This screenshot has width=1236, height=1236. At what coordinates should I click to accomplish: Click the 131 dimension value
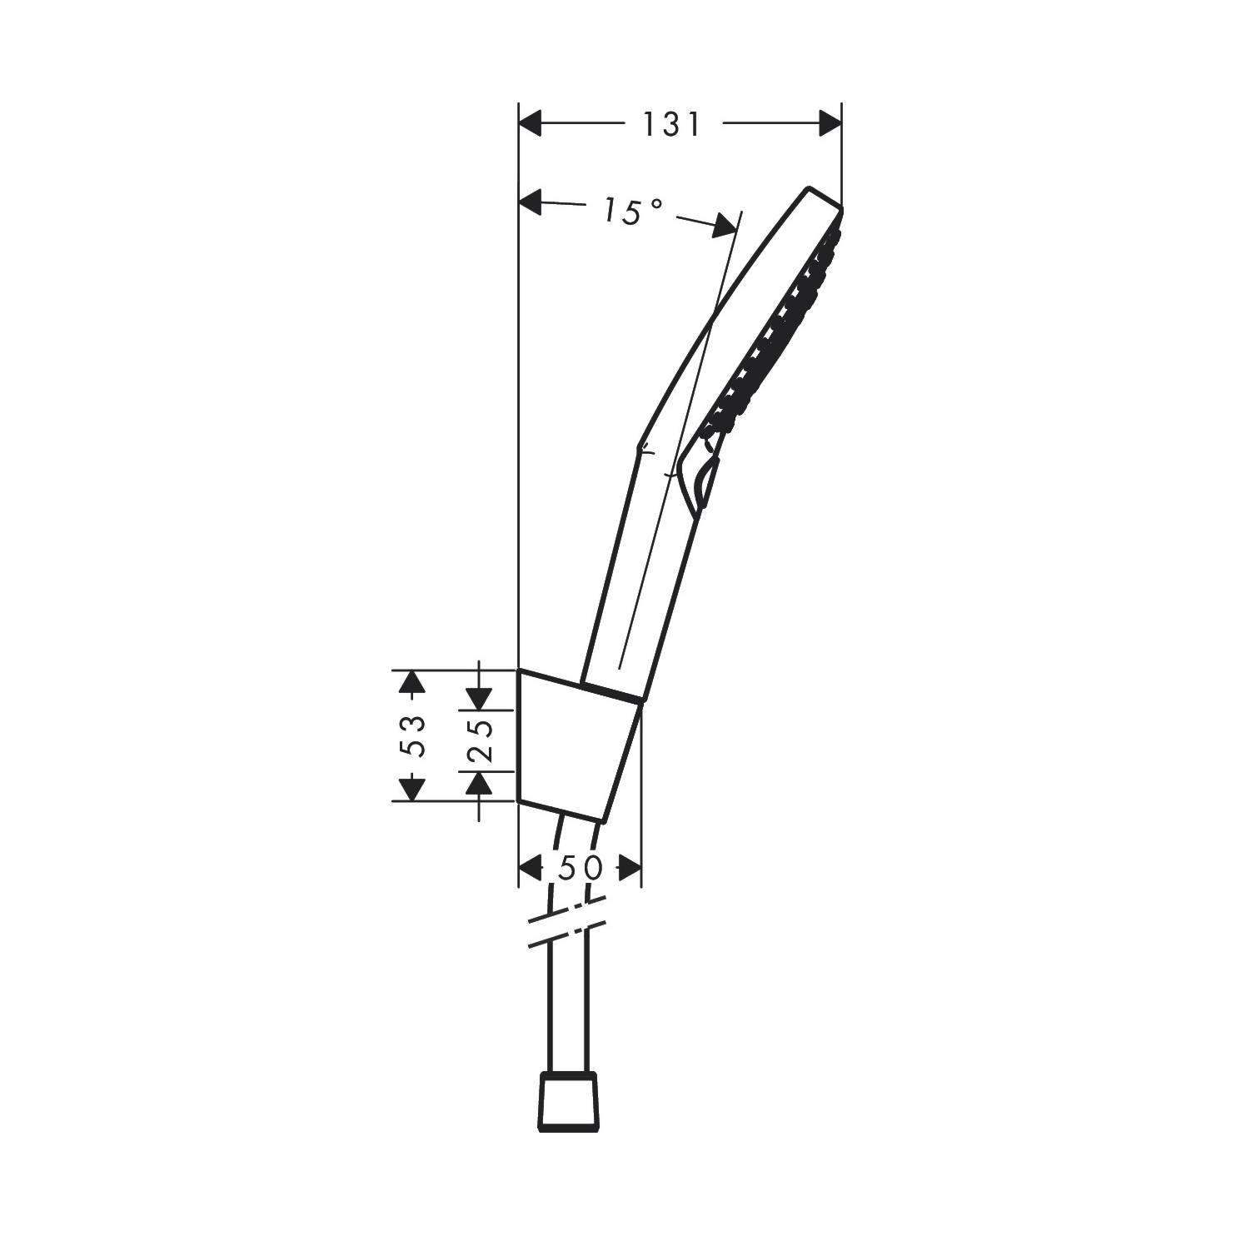(x=671, y=124)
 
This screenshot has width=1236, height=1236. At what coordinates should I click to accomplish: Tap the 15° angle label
(x=633, y=212)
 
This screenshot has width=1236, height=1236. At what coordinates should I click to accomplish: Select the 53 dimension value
(x=414, y=735)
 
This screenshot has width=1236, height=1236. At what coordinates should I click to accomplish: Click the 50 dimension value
(x=581, y=869)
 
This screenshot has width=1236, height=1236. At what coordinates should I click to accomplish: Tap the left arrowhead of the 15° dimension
(x=531, y=201)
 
